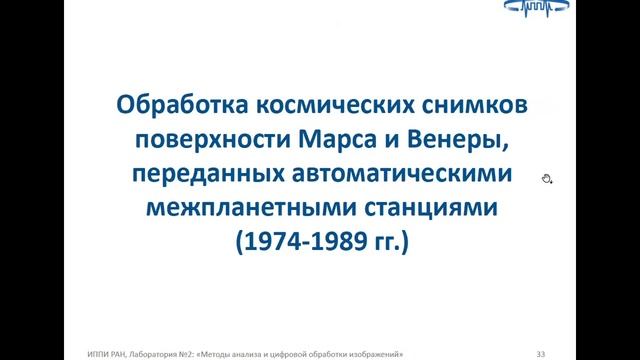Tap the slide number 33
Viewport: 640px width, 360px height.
click(x=541, y=351)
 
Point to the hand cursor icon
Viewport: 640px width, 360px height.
click(x=546, y=178)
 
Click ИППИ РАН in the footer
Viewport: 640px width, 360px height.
click(x=107, y=351)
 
